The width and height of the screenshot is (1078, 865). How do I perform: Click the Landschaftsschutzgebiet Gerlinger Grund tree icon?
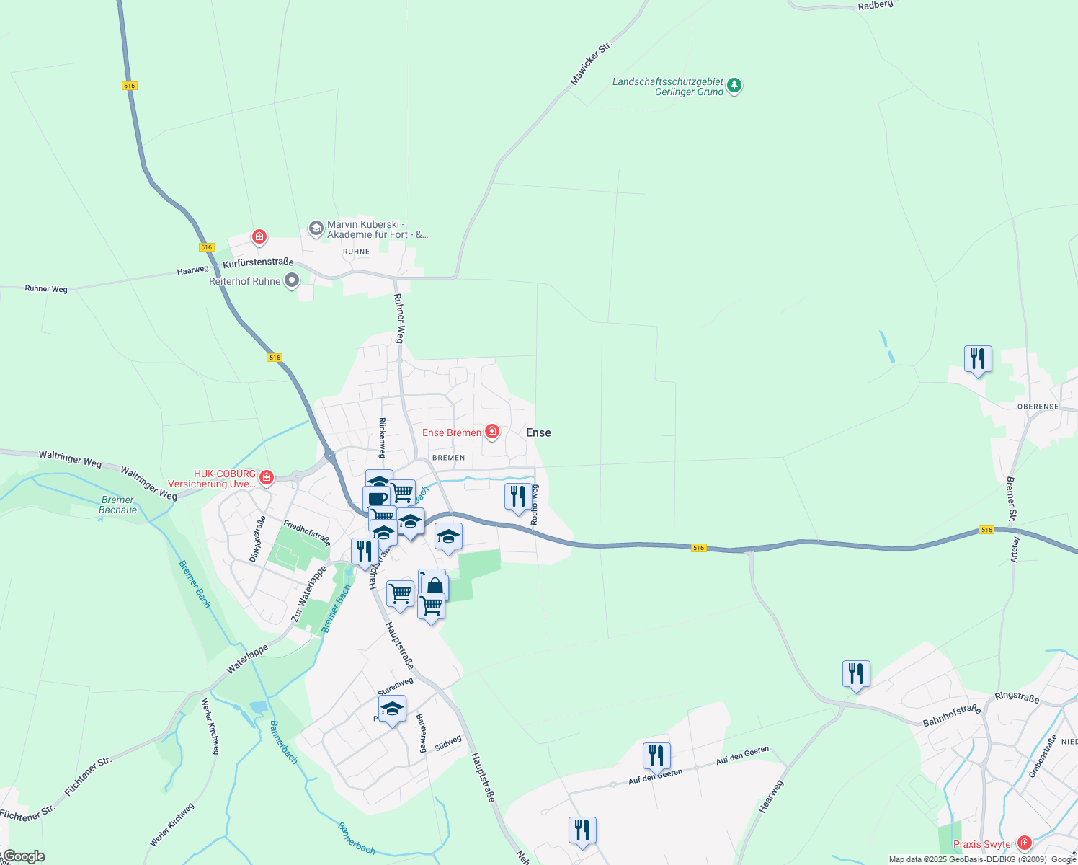tap(734, 86)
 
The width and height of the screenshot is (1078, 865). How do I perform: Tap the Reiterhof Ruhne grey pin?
tap(292, 280)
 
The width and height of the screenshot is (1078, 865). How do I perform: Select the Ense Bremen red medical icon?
tap(492, 432)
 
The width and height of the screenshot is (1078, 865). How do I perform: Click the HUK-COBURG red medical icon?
tap(267, 477)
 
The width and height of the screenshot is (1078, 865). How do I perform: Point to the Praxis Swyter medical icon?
tap(1024, 843)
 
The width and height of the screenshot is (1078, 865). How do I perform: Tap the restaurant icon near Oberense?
tap(978, 358)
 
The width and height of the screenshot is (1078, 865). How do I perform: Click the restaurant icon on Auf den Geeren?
tap(656, 755)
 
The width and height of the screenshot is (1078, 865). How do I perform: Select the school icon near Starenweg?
tap(392, 709)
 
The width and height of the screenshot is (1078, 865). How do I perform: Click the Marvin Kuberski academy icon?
tap(316, 229)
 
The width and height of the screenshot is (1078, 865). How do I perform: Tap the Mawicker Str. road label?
tap(591, 64)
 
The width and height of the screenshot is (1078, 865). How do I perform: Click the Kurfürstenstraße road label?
tap(258, 263)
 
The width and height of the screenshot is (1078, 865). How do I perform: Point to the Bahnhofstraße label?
tap(951, 715)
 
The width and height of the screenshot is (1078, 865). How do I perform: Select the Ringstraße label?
tap(1017, 696)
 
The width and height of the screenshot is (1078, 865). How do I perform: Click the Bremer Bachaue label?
tap(117, 505)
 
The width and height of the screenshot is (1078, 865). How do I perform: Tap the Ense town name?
tap(538, 432)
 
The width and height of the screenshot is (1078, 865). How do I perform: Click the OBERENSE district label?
tap(1038, 407)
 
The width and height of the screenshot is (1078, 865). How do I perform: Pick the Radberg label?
tap(876, 5)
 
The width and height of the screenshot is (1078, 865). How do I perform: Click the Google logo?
tap(24, 856)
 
